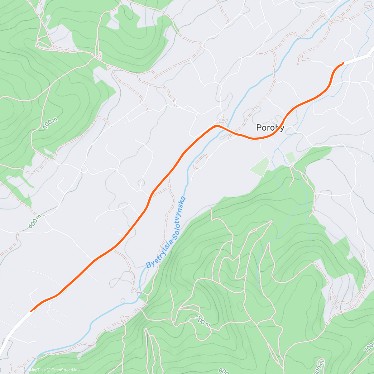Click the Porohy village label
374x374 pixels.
point(270,127)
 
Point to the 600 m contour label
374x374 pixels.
point(35,222)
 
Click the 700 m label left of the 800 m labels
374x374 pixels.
point(203,322)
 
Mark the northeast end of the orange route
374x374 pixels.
point(343,64)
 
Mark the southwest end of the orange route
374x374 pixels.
point(31,310)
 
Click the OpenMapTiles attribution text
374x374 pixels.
point(33,370)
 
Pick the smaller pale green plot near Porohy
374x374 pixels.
point(290,157)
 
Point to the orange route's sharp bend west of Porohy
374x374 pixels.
point(216,126)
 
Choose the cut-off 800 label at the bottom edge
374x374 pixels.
point(223,371)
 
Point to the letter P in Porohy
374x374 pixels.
point(259,127)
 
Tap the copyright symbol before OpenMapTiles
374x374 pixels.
point(17,370)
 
